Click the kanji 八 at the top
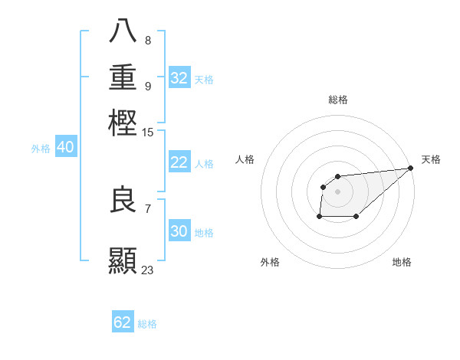point(123,31)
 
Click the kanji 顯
point(123,260)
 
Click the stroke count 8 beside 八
point(147,41)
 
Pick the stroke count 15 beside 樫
point(148,133)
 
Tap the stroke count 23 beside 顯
point(147,270)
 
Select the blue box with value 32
point(179,77)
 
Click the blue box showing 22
point(179,162)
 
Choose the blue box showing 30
point(179,231)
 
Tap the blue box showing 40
point(65,147)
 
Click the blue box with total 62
point(123,322)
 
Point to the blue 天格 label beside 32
point(204,80)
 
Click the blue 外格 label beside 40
point(41,149)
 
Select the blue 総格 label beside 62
point(147,324)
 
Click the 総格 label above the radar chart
point(337,100)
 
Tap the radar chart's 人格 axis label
point(245,159)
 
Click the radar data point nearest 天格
point(410,169)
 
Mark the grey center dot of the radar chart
point(337,191)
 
